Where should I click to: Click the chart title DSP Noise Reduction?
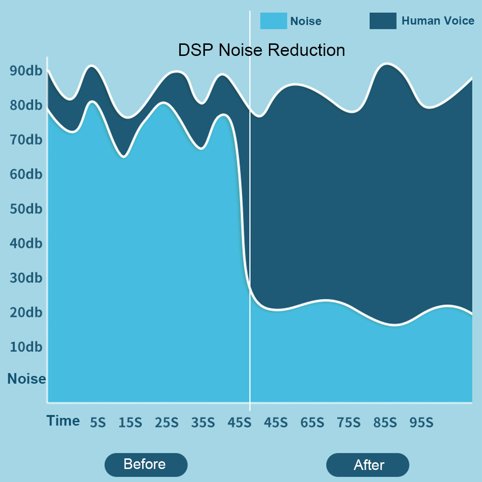pyautogui.click(x=261, y=50)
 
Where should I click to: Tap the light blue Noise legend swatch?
pyautogui.click(x=273, y=21)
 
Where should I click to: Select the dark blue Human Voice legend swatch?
pyautogui.click(x=383, y=21)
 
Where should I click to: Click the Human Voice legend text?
pyautogui.click(x=438, y=21)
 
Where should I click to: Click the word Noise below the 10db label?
pyautogui.click(x=27, y=379)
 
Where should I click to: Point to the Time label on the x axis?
pyautogui.click(x=63, y=421)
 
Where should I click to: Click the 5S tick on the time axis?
pyautogui.click(x=97, y=423)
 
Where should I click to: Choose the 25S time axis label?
pyautogui.click(x=166, y=423)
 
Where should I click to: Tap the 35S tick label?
pyautogui.click(x=203, y=423)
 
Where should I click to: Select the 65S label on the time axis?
pyautogui.click(x=312, y=423)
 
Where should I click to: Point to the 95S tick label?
pyautogui.click(x=421, y=423)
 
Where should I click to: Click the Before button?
pyautogui.click(x=145, y=465)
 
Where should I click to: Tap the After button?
pyautogui.click(x=368, y=465)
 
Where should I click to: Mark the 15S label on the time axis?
pyautogui.click(x=130, y=423)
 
